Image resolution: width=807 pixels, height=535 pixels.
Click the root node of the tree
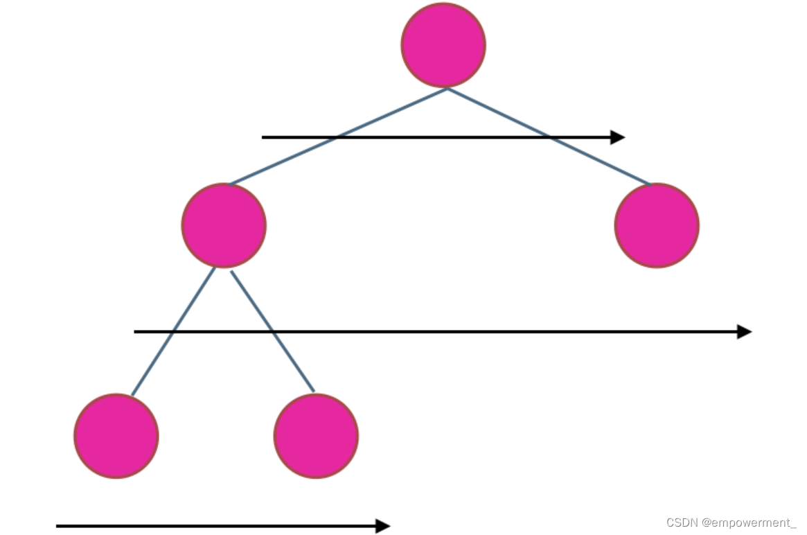443,45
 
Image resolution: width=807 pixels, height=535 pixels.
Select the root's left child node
224,225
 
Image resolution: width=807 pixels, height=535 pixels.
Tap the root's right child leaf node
657,225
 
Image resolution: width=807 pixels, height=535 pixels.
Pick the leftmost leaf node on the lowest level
116,436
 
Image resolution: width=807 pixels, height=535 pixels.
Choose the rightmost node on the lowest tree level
316,436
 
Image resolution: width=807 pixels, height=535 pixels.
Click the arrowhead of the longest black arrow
745,332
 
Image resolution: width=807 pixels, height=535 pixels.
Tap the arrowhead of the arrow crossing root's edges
617,137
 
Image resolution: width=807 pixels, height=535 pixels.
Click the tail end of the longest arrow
136,332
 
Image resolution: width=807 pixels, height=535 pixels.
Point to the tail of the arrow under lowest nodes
58,526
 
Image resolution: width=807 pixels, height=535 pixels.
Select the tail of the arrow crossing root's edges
264,137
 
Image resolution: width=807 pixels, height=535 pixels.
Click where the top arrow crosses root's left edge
337,137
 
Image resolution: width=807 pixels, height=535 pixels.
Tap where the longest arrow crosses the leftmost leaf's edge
172,332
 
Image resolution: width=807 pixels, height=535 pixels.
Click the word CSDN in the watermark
681,523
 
